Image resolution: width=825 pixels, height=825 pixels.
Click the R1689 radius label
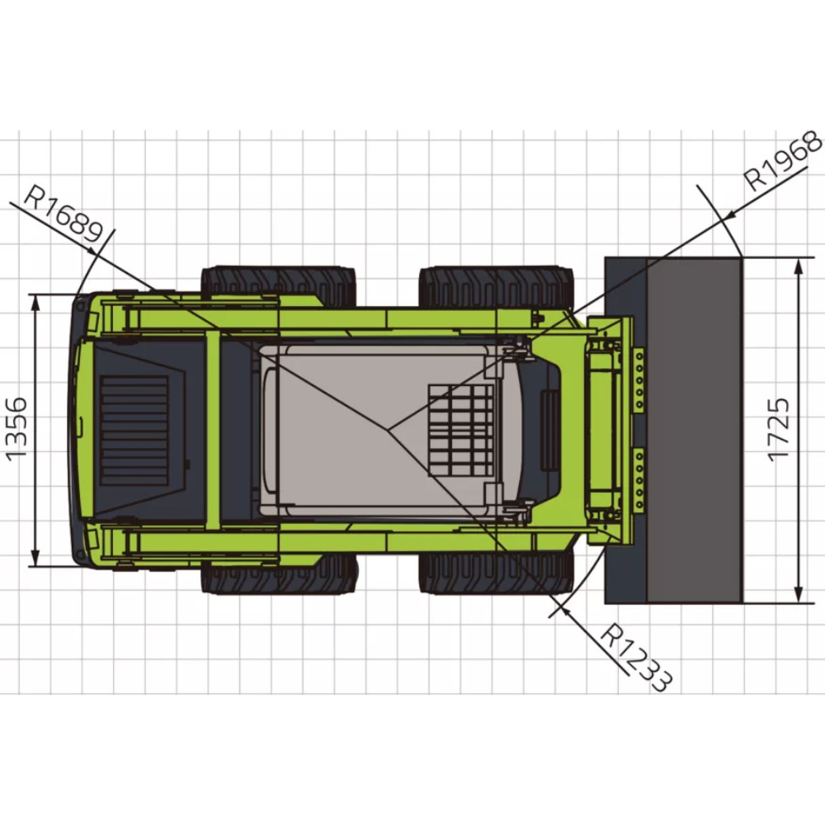(x=64, y=215)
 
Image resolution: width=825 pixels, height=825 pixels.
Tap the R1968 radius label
(x=784, y=160)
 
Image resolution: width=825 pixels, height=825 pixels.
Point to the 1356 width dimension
(x=16, y=429)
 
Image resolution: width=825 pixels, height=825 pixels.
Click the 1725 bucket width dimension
(x=779, y=430)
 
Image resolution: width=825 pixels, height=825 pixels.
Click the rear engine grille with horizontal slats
(x=134, y=430)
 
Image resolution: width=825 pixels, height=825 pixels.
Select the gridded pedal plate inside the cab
(x=461, y=430)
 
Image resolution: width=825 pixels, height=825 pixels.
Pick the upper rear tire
(x=278, y=287)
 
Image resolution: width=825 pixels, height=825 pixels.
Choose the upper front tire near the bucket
(x=496, y=287)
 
